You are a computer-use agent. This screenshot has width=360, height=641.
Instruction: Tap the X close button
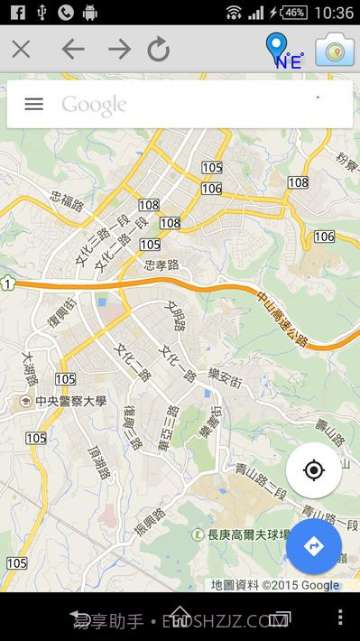[x=21, y=49]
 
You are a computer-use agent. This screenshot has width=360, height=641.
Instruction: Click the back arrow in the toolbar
[x=72, y=49]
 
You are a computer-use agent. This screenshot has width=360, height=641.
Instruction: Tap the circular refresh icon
[x=159, y=49]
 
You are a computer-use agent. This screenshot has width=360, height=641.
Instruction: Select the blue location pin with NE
[x=281, y=51]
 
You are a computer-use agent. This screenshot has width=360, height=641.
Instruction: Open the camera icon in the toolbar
[x=334, y=50]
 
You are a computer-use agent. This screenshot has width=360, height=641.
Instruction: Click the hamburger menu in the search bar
[x=33, y=104]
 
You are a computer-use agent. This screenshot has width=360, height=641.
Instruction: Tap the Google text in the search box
[x=94, y=105]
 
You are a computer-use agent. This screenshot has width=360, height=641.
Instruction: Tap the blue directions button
[x=314, y=546]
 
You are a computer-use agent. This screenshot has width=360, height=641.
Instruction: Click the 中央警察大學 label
[x=64, y=401]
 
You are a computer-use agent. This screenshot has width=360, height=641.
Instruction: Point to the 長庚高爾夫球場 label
[x=249, y=534]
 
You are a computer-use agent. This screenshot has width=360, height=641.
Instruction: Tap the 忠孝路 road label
[x=162, y=265]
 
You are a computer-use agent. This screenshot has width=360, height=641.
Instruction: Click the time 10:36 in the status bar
[x=335, y=12]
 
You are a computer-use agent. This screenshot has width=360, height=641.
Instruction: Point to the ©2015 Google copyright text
[x=300, y=585]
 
